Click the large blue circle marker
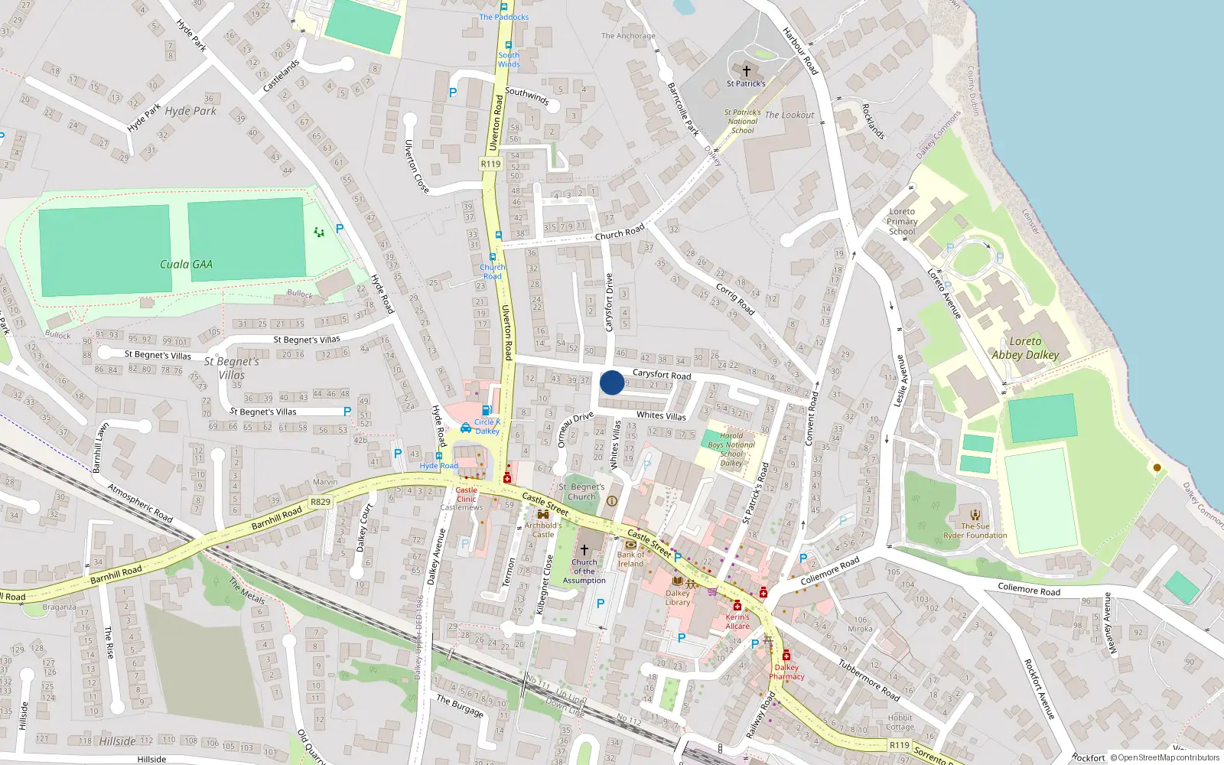pos(612,382)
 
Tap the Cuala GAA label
pos(186,265)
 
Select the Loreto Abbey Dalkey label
pos(1025,348)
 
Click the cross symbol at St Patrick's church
pos(747,70)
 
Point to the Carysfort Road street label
pos(661,374)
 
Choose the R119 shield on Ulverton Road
pos(490,164)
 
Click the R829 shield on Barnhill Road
pos(321,502)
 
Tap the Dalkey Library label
pos(677,597)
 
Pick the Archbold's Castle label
pos(543,530)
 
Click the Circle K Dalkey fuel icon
pos(487,411)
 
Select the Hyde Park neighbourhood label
pos(190,111)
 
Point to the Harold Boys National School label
pos(731,449)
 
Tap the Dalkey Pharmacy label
pos(786,672)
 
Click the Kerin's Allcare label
pos(737,621)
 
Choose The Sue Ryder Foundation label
pos(975,531)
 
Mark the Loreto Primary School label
pos(902,221)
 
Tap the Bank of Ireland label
pos(630,559)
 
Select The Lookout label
pos(789,116)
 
